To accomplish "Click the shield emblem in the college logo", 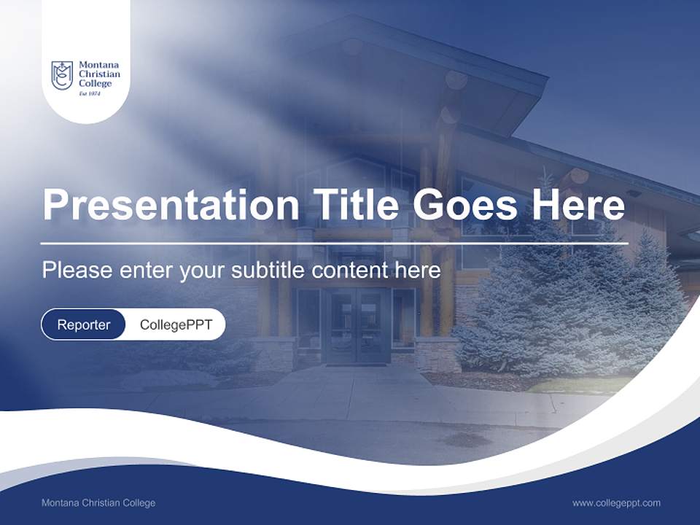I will [x=61, y=75].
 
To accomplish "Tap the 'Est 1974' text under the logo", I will [x=89, y=93].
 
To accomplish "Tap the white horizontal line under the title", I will [x=334, y=244].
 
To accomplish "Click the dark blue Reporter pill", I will [x=84, y=324].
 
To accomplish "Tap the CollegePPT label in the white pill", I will [x=176, y=324].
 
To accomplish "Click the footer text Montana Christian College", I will [x=98, y=502].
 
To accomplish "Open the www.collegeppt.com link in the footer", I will [x=616, y=502].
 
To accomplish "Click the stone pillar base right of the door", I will [x=437, y=354].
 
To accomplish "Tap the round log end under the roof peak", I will [x=456, y=79].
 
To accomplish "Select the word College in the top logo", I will [x=95, y=83].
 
